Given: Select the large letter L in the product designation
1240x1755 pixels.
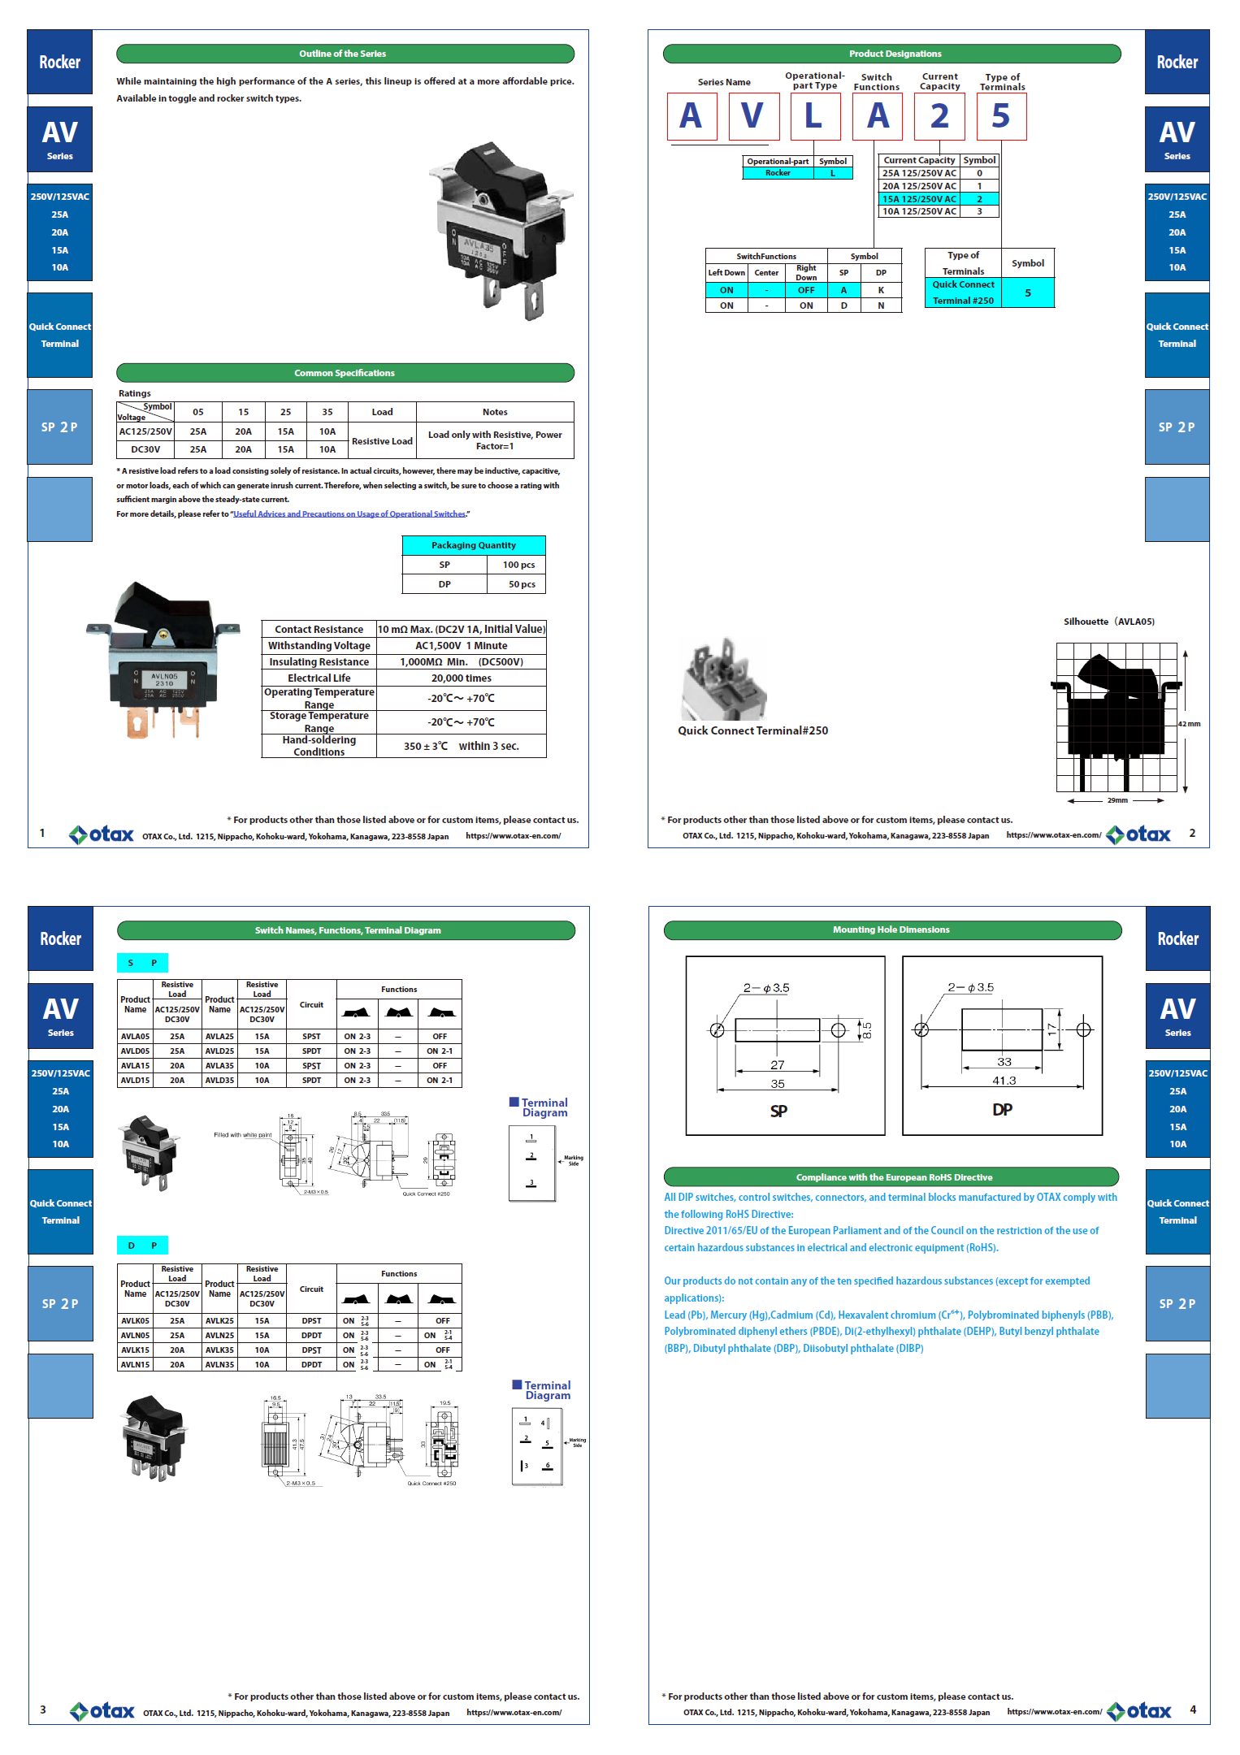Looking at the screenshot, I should point(813,116).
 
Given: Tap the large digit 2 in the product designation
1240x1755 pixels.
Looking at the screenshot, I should point(939,116).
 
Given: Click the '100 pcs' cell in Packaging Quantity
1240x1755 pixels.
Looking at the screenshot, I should point(518,565).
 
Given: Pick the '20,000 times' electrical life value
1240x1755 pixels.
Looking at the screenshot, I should point(461,678).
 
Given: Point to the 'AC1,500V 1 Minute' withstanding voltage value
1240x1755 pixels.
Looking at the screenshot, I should point(461,645).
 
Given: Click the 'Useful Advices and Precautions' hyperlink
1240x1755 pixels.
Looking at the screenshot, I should point(349,513).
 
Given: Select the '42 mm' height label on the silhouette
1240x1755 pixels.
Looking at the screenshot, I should point(1189,723).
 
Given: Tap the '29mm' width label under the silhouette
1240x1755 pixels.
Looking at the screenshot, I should point(1117,800).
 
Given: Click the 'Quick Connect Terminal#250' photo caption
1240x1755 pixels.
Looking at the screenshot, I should point(752,730).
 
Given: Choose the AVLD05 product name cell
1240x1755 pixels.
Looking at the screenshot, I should point(135,1051).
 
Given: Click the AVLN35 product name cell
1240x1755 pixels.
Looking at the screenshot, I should point(219,1364).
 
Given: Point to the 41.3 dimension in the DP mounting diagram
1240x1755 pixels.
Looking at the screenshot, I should point(1004,1081).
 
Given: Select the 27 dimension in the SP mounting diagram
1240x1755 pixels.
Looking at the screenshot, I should point(778,1064).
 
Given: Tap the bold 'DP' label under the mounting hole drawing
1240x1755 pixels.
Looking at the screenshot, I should point(1002,1109).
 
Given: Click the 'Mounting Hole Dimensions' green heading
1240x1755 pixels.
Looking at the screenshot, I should point(891,929).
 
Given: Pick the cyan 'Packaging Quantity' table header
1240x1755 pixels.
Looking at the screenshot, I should point(473,545).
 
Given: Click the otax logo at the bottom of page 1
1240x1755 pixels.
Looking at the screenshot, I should point(102,834).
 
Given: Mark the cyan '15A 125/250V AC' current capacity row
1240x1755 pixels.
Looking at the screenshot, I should point(919,199).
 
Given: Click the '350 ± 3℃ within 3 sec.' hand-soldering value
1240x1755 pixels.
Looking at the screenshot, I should point(461,746).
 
